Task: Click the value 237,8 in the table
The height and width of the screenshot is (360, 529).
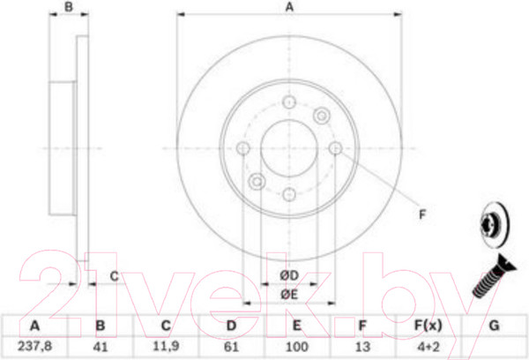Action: pos(34,346)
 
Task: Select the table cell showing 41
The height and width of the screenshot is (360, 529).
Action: pos(101,347)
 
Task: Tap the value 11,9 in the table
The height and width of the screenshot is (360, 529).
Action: pos(166,346)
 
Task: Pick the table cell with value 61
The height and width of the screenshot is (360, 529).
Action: pos(231,347)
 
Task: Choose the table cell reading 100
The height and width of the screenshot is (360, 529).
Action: pos(296,347)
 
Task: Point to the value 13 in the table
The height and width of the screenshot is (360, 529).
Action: pos(362,347)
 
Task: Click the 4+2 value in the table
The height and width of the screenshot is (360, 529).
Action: pos(428,347)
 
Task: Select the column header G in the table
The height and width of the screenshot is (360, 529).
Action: pos(494,326)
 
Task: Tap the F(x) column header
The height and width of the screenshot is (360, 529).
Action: pos(428,326)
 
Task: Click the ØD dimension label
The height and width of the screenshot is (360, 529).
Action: pos(289,275)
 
